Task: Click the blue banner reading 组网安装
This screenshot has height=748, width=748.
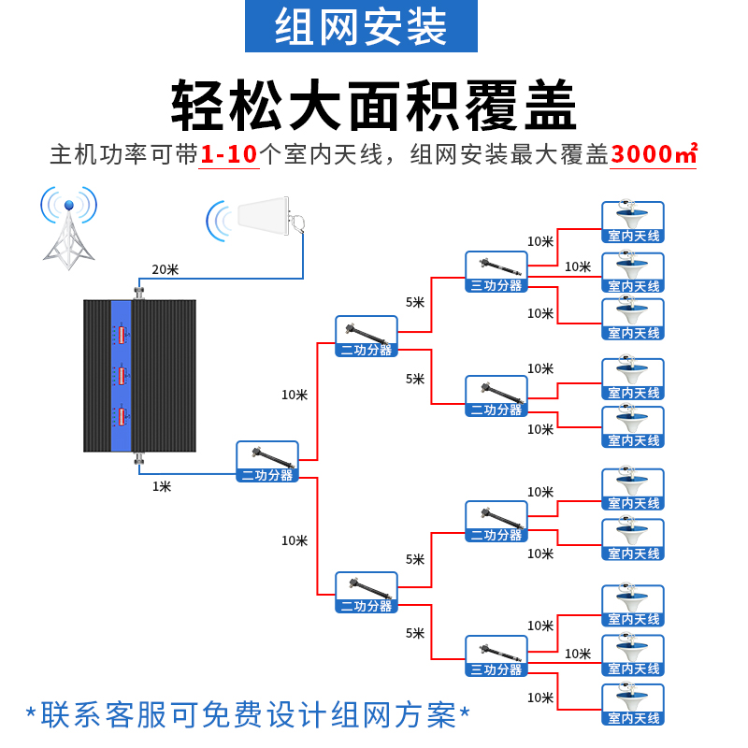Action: coord(361,26)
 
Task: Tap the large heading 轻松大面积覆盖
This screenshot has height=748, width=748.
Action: coord(373,105)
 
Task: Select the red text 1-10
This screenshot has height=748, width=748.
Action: coord(229,154)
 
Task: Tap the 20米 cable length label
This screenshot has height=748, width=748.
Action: coord(165,269)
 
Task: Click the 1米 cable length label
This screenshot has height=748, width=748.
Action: coord(162,486)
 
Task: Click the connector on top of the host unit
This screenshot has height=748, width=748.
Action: coord(139,292)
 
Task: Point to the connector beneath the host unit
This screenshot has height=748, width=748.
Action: coord(139,458)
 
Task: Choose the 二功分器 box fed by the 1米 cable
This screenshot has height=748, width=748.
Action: coord(267,462)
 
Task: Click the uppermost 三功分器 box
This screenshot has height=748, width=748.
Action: coord(496,272)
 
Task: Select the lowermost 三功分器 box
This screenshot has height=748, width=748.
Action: coord(496,656)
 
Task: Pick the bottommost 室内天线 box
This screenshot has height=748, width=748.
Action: coord(633,705)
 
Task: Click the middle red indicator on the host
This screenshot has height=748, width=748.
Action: coord(122,376)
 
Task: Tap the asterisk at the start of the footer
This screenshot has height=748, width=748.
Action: coord(32,714)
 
